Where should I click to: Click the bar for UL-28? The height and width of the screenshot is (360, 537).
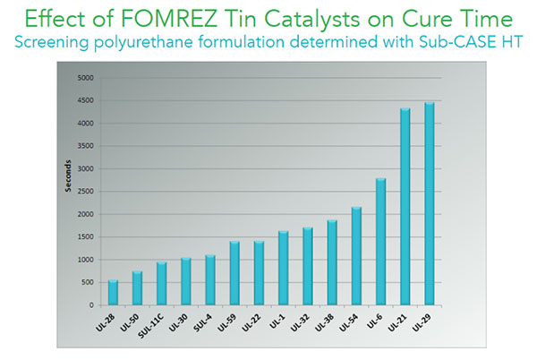click(x=114, y=293)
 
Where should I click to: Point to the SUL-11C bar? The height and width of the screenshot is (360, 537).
click(x=162, y=284)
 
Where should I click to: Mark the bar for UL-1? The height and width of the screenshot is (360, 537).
click(x=284, y=268)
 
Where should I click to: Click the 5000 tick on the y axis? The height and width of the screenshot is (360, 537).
click(x=84, y=77)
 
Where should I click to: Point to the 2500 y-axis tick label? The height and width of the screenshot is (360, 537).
click(x=84, y=192)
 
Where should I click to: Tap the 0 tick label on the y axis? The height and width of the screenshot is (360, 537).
click(x=91, y=305)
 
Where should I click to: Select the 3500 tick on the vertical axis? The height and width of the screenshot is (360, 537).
click(x=84, y=146)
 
